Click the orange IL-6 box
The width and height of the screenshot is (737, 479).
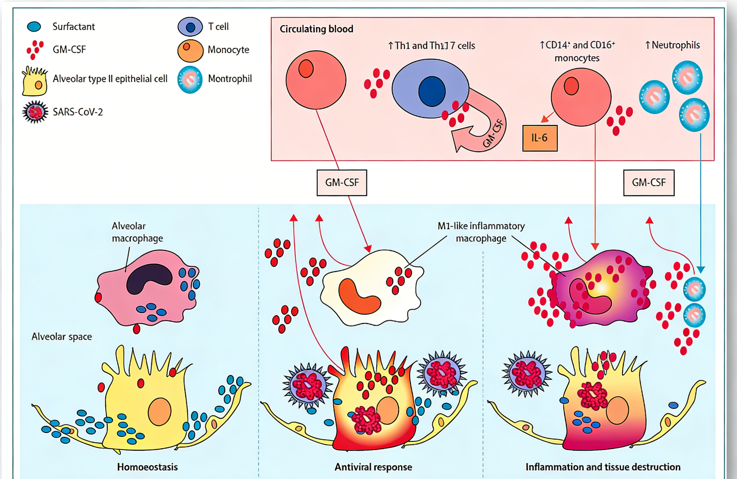pos(540,138)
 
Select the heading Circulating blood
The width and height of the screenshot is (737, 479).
pos(316,29)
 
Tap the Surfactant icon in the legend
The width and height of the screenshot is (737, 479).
pos(34,27)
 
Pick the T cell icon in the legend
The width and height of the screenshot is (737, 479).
pos(190,27)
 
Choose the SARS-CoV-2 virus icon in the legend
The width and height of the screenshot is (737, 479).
pos(35,112)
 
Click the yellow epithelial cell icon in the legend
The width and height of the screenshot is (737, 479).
pos(35,81)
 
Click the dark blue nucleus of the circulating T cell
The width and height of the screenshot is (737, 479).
pos(432,92)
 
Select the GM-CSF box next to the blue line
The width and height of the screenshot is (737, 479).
pos(649,182)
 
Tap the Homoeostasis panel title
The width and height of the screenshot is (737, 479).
pos(147,467)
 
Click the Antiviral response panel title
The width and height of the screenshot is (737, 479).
pos(373,467)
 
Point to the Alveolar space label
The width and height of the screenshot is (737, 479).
pos(62,337)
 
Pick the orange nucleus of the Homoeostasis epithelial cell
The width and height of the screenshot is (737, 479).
pos(159,412)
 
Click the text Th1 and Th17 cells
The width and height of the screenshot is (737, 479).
pos(432,46)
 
